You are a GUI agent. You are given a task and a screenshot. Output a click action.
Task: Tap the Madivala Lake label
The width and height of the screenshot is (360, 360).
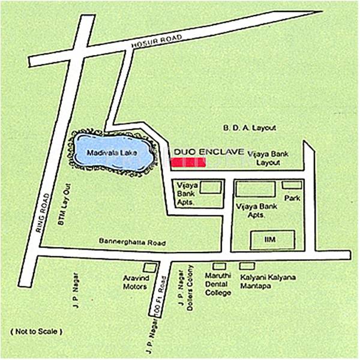point(112,152)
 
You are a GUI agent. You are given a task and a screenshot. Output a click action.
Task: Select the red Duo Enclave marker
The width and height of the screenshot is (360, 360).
point(188,163)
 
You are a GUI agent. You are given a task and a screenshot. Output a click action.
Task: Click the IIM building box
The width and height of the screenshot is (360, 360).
point(272,240)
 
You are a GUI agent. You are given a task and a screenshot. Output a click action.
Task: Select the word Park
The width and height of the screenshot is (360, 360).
point(292,197)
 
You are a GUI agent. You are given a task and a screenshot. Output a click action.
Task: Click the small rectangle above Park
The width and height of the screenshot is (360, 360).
point(292,185)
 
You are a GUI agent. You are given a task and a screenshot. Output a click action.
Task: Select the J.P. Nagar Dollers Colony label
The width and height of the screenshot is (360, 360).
point(187,286)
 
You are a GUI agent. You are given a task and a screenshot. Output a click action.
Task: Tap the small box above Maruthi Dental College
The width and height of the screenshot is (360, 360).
point(220,266)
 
